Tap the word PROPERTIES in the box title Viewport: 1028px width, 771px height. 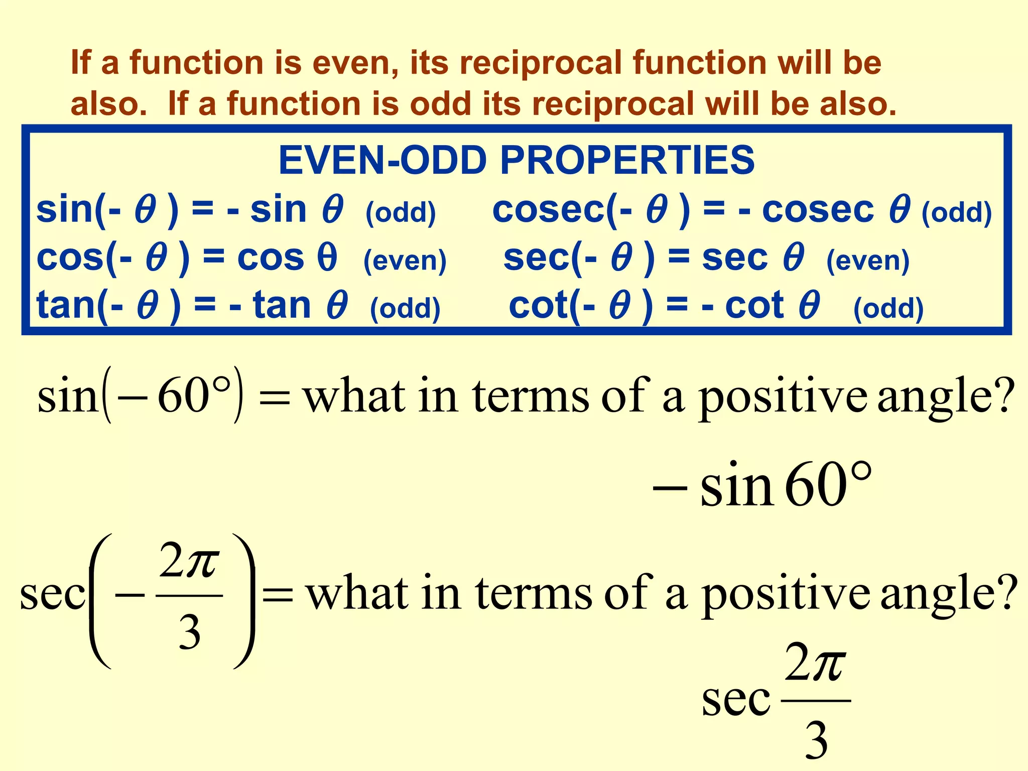[627, 161]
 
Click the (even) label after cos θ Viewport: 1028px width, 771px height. [405, 261]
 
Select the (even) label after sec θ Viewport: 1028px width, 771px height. [868, 261]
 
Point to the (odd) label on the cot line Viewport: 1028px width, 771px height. [888, 308]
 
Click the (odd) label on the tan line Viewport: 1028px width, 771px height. [405, 308]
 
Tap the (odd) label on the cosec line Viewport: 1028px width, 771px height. [957, 212]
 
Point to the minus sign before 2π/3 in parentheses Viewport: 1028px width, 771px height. [130, 595]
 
